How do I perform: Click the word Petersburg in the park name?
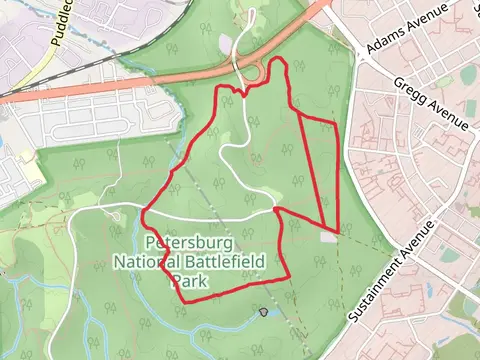tap(189, 243)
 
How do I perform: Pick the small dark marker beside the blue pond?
tap(263, 313)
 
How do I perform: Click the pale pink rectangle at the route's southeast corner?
tap(329, 236)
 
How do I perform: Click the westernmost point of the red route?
tap(144, 213)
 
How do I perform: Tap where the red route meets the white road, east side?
tap(275, 211)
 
